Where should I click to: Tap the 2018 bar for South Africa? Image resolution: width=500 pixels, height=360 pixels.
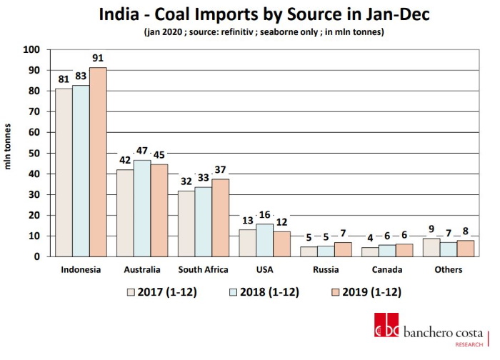coord(203,221)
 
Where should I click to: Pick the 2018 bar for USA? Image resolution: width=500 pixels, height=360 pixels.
coord(264,239)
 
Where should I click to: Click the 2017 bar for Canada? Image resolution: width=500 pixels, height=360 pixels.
coord(370,251)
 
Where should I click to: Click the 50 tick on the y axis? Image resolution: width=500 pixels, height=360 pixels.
coord(34,153)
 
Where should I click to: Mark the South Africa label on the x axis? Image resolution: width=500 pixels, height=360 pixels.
coord(202,270)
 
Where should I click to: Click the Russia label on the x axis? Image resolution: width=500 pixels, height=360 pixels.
coord(326,270)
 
